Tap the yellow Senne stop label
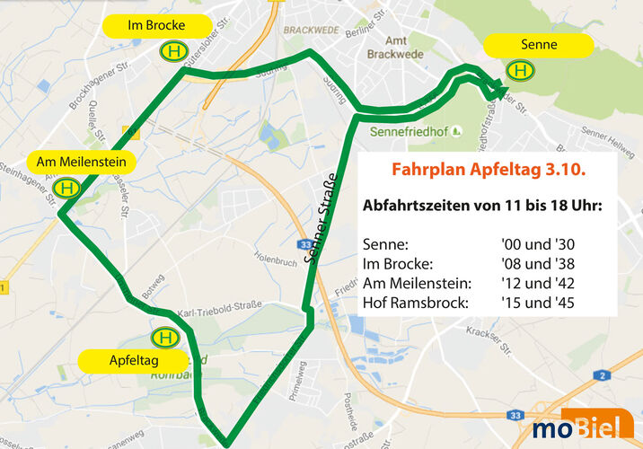pos(538,45)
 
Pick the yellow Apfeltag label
pos(133,361)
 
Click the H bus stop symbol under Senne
pos(519,70)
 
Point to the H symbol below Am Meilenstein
pos(66,188)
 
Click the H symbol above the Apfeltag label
pos(164,337)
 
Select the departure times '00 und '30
pos(538,243)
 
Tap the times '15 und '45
pos(538,303)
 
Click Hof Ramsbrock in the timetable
pos(415,303)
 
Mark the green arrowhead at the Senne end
pos(493,89)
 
